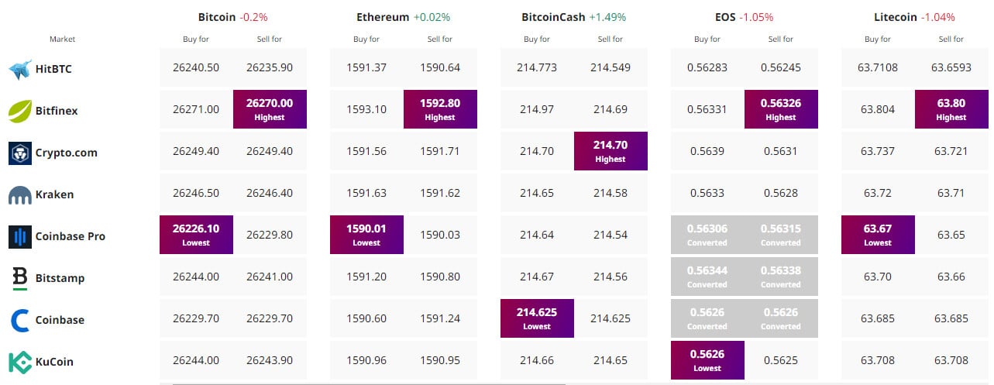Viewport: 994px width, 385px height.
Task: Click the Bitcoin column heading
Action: [x=217, y=16]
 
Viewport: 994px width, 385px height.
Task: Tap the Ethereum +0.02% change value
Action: [x=432, y=16]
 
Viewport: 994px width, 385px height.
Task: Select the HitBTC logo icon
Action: [x=19, y=69]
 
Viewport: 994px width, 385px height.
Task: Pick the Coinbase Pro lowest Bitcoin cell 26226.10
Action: [x=196, y=234]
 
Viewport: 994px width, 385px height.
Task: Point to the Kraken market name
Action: [x=54, y=194]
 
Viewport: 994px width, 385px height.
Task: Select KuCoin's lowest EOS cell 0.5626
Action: [x=707, y=359]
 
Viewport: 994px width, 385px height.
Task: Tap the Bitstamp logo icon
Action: [x=20, y=277]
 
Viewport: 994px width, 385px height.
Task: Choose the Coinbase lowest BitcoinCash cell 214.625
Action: [x=537, y=318]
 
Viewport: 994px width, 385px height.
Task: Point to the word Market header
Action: [x=62, y=39]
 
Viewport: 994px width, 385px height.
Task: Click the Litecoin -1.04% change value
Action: [x=937, y=16]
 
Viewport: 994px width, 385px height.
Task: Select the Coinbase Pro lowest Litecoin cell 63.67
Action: [x=878, y=234]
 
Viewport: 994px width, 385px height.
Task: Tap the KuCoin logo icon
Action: [x=20, y=362]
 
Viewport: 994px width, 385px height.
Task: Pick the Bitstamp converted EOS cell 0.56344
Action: [x=707, y=276]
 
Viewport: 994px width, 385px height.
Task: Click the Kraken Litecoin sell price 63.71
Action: [x=951, y=193]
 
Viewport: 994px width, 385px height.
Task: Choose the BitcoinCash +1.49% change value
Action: [x=608, y=16]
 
